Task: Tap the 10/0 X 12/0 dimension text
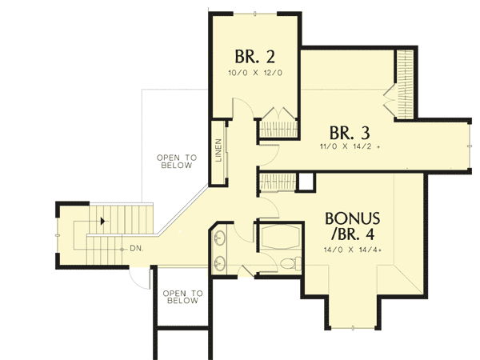point(256,74)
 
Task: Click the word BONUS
point(358,218)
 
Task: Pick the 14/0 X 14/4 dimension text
point(359,250)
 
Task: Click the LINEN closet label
point(218,150)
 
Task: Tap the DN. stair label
point(136,249)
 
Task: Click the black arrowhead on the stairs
point(102,220)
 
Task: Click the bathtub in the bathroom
point(279,238)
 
